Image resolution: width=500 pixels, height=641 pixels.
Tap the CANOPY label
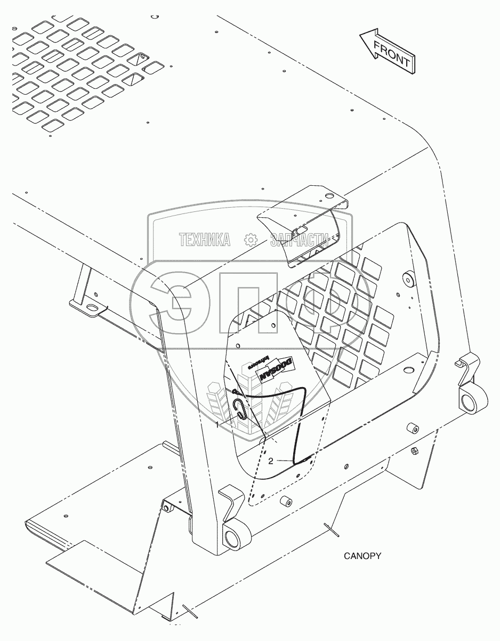point(362,556)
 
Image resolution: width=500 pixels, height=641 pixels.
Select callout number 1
point(217,425)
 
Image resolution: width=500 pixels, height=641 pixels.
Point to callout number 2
point(271,461)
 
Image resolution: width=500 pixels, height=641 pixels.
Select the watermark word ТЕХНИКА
point(205,240)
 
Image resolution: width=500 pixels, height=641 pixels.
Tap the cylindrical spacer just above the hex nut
point(413,429)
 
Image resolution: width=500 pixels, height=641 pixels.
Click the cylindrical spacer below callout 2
point(286,501)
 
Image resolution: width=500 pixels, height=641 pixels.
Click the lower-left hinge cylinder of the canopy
point(232,539)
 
